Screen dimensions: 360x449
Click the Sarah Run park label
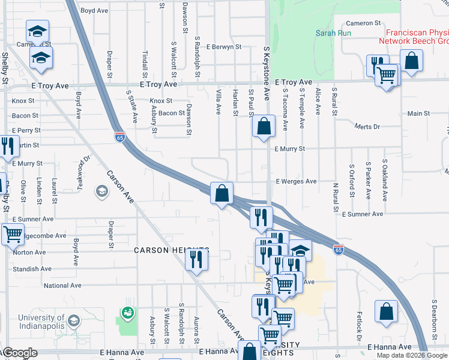(x=333, y=33)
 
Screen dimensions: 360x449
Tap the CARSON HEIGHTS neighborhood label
(x=171, y=250)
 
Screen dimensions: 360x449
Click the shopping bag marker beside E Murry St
(x=264, y=127)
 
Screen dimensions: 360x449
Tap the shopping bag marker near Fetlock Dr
(x=386, y=312)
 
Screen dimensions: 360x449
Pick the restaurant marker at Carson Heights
(x=196, y=259)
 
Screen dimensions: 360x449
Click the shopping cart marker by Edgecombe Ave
(x=13, y=234)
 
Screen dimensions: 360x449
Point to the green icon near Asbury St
(x=127, y=313)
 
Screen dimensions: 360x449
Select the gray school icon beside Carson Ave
(x=101, y=192)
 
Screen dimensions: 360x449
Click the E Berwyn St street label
(x=223, y=46)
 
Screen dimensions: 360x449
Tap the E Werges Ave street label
(x=295, y=181)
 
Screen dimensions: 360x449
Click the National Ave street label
(x=62, y=286)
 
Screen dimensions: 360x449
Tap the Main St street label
(x=418, y=113)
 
